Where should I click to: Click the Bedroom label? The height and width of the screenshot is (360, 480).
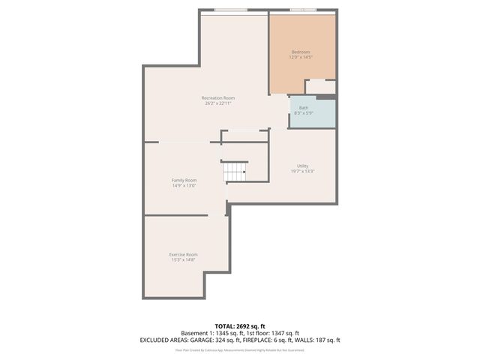[x=301, y=51]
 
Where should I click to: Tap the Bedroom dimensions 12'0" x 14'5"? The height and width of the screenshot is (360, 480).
[x=301, y=56]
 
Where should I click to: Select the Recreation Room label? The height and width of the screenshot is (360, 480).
[x=218, y=97]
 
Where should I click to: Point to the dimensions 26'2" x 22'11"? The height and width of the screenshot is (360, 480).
[x=218, y=103]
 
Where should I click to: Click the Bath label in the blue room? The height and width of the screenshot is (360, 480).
[x=304, y=107]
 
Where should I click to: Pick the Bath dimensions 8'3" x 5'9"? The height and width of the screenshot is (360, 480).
[x=304, y=112]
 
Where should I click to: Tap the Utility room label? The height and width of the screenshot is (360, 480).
[x=302, y=166]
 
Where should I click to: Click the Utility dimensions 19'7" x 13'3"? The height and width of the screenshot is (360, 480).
[x=302, y=171]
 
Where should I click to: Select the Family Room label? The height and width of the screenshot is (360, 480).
[x=184, y=180]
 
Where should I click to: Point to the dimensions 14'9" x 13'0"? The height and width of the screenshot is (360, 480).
[x=184, y=185]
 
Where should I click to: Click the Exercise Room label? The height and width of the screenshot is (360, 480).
[x=183, y=254]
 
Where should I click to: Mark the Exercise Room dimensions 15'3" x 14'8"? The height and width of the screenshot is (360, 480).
[x=183, y=259]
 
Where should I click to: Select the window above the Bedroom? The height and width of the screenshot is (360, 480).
[x=302, y=10]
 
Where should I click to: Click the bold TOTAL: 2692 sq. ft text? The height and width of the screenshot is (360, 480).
[x=239, y=326]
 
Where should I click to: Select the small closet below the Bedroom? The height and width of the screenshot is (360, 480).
[x=320, y=86]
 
